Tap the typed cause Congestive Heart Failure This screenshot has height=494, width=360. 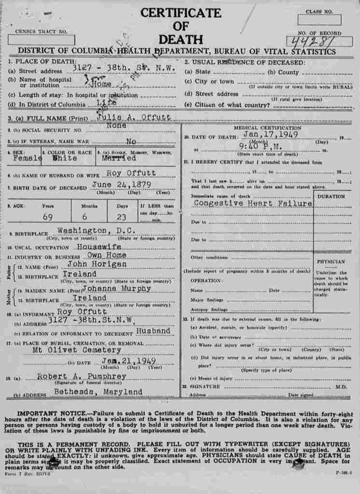pyautogui.click(x=252, y=203)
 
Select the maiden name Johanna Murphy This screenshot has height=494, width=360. pyautogui.click(x=117, y=288)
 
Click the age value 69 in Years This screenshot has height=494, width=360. pyautogui.click(x=47, y=217)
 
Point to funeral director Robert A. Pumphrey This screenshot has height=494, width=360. pyautogui.click(x=82, y=376)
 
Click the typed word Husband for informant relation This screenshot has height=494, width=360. pyautogui.click(x=153, y=331)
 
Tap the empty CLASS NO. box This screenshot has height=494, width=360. pyautogui.click(x=318, y=20)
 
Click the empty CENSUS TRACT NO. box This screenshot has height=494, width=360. pyautogui.click(x=42, y=40)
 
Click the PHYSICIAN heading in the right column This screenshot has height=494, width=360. pyautogui.click(x=331, y=261)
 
